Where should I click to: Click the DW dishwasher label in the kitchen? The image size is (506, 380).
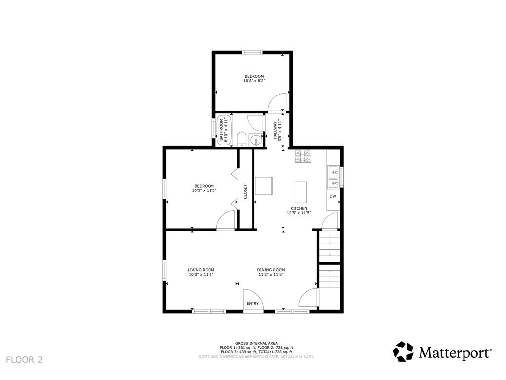click(333, 196)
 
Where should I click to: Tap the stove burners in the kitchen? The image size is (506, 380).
click(303, 156)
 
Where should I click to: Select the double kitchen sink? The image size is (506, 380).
click(333, 177)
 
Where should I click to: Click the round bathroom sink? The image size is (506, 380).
click(256, 140)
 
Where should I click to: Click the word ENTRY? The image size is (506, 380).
click(253, 303)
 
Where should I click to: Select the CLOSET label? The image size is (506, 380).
click(245, 192)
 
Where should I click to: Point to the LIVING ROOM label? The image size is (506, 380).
click(201, 270)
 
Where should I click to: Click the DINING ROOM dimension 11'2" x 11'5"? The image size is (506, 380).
click(270, 275)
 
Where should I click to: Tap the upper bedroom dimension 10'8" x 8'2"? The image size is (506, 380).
click(254, 81)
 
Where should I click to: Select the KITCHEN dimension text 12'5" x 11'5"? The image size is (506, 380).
click(298, 213)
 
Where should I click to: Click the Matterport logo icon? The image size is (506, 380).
click(403, 352)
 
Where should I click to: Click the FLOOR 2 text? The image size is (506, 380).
click(24, 359)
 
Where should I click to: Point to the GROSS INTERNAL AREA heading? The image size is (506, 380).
click(256, 343)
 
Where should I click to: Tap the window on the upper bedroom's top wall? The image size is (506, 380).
click(252, 52)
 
